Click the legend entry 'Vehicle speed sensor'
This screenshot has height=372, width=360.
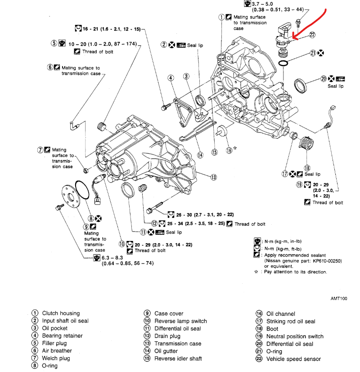tap(293, 359)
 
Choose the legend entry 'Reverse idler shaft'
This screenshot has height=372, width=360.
tap(178, 359)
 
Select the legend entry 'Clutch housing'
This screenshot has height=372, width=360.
tap(61, 313)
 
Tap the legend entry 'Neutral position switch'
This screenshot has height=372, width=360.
tap(295, 336)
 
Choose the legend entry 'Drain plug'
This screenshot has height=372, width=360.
tap(167, 336)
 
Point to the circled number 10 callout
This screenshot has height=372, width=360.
tap(122, 244)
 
